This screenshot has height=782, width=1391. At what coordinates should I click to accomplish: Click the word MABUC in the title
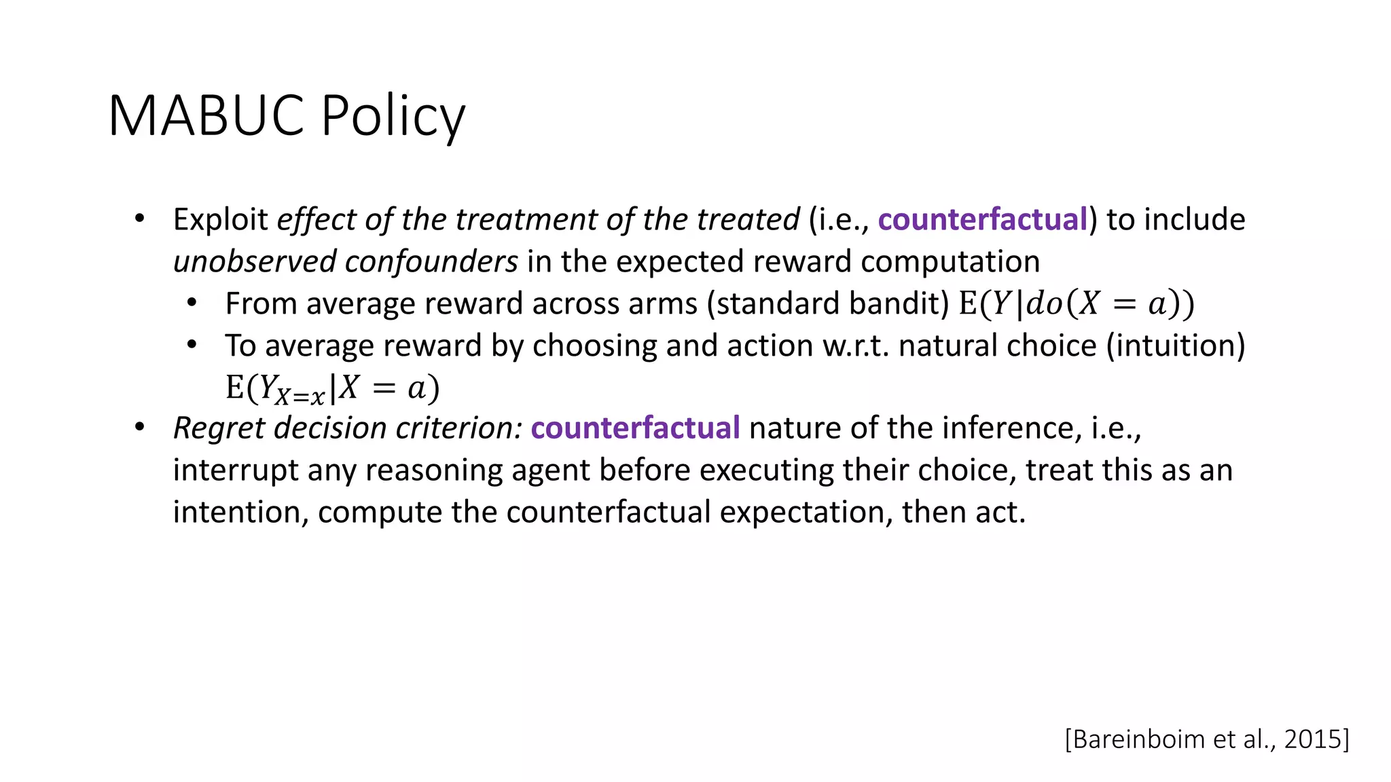(x=206, y=116)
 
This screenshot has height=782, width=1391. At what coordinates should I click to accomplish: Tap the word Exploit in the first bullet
(x=221, y=219)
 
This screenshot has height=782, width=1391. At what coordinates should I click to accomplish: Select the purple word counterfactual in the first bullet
(x=983, y=219)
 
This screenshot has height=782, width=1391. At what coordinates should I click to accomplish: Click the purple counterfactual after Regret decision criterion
(x=635, y=428)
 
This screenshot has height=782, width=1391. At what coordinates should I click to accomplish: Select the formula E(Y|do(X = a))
(x=1076, y=303)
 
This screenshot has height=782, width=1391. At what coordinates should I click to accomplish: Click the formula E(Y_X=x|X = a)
(x=332, y=388)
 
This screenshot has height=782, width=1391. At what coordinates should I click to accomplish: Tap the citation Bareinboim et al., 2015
(x=1207, y=739)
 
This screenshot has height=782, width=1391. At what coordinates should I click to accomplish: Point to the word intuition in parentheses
(x=1176, y=346)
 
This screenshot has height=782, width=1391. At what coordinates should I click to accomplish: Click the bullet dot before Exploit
(x=140, y=219)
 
